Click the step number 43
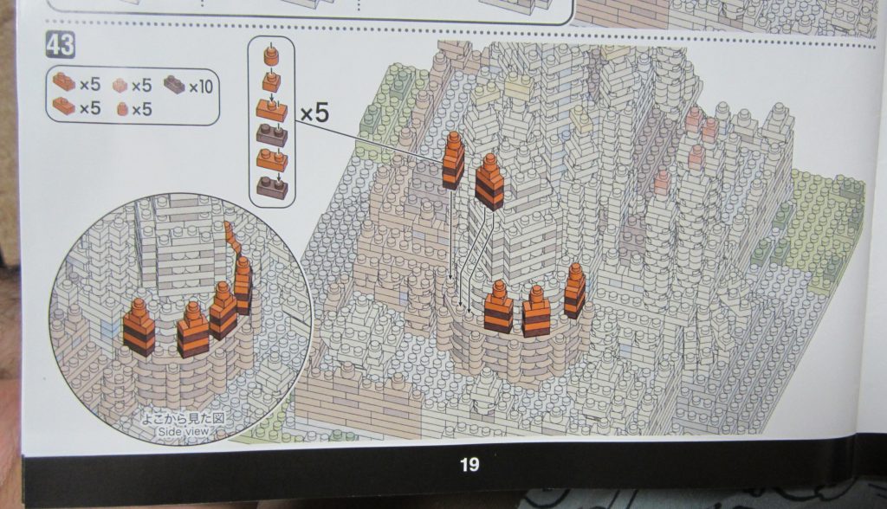(x=60, y=45)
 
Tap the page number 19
(x=469, y=464)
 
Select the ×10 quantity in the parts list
(x=200, y=87)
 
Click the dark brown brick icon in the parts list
(x=175, y=85)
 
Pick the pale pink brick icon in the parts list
(x=120, y=85)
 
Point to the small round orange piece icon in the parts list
(x=122, y=108)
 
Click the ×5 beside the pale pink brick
(x=141, y=86)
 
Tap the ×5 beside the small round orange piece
(x=141, y=108)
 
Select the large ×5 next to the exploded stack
(x=314, y=113)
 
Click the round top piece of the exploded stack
(x=271, y=56)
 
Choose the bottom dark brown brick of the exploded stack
(x=272, y=188)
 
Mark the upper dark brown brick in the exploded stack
(x=271, y=135)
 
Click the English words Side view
(x=183, y=431)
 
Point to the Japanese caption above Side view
(x=183, y=419)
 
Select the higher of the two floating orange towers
(x=453, y=161)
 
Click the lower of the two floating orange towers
(x=489, y=182)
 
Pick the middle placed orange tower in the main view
(x=535, y=311)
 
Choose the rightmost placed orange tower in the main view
(x=574, y=291)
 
